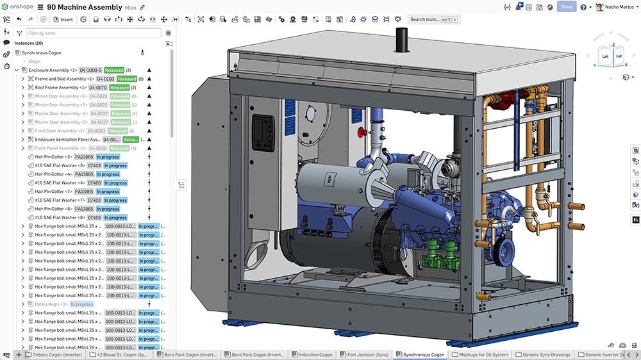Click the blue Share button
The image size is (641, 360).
point(566,7)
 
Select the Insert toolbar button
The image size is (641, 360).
point(63,19)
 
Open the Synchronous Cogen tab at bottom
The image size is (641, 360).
point(420,354)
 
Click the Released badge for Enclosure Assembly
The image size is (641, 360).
point(114,70)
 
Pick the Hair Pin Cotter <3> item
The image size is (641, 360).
point(54,157)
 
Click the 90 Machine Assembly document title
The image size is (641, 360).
point(85,7)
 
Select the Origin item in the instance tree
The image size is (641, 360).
point(35,61)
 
